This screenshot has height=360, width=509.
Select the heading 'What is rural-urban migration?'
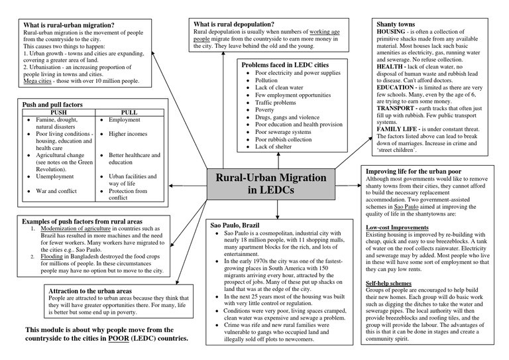[x=69, y=25]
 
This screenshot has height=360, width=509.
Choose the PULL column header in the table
[x=130, y=112]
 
